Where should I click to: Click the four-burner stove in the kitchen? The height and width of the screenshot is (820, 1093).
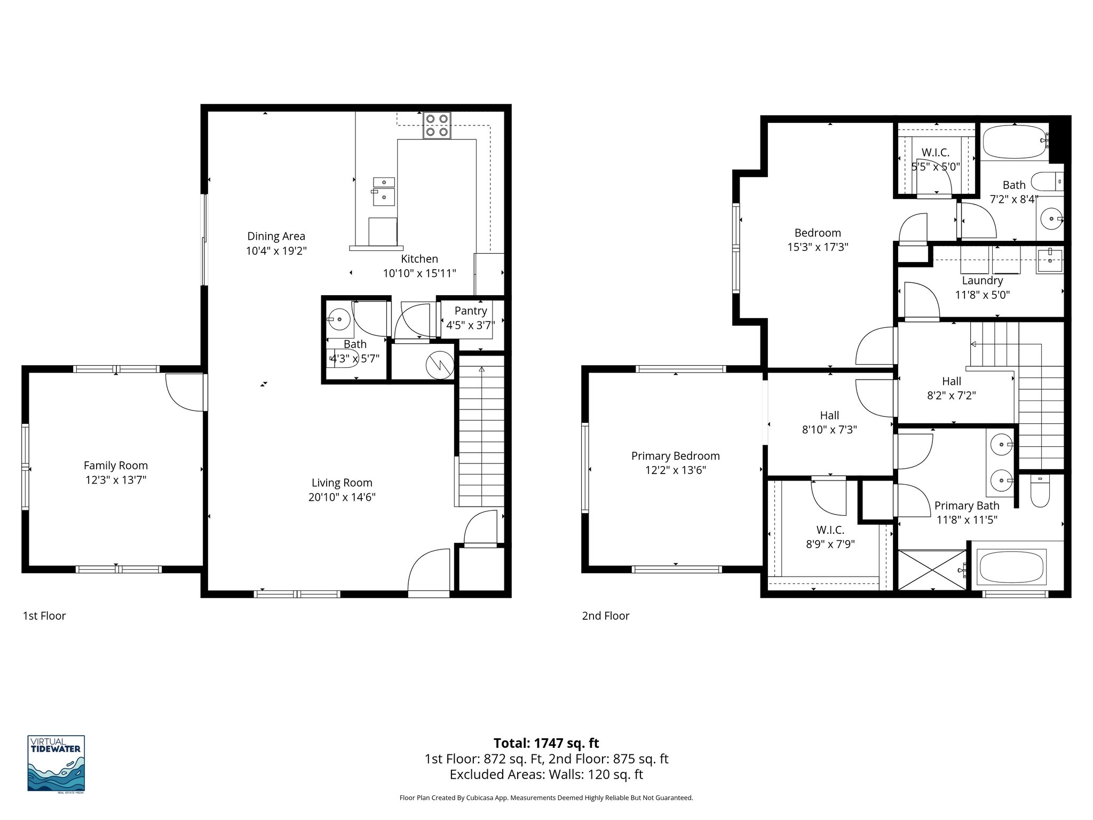[437, 125]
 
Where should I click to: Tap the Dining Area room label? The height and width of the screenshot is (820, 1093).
[276, 236]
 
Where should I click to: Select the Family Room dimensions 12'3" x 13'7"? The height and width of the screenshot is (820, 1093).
[116, 480]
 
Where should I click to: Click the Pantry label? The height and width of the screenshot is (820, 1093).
[470, 311]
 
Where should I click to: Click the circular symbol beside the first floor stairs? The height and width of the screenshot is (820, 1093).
[439, 366]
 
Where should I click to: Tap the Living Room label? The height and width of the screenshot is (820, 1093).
[342, 483]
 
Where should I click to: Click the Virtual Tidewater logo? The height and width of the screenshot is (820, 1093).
[56, 763]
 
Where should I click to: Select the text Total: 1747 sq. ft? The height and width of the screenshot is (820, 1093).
[546, 743]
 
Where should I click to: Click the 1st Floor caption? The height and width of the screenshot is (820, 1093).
[44, 616]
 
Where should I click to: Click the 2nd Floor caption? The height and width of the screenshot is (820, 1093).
[605, 616]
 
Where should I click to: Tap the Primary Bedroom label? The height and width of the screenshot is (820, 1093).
[675, 456]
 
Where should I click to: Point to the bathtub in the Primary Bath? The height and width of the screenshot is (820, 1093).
[1011, 566]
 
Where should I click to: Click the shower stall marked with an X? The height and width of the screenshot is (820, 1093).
[932, 570]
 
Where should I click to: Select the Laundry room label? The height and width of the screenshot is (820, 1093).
[982, 280]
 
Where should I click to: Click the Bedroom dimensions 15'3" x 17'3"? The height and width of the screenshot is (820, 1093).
[817, 247]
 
